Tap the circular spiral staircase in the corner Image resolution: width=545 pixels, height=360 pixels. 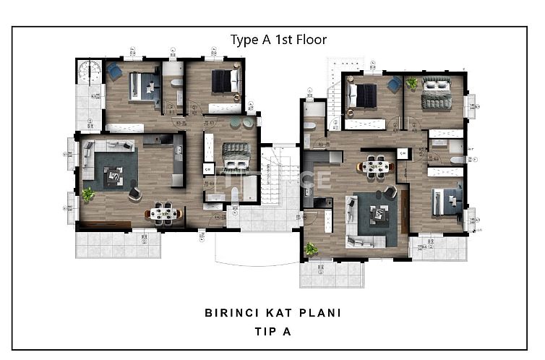coord(90,73)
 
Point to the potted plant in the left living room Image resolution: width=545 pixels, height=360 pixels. coord(88,194)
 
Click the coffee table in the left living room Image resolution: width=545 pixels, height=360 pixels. coord(112,175)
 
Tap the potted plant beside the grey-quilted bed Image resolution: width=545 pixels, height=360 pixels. coord(411,83)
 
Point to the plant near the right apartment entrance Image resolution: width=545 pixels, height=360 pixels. coord(311,249)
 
